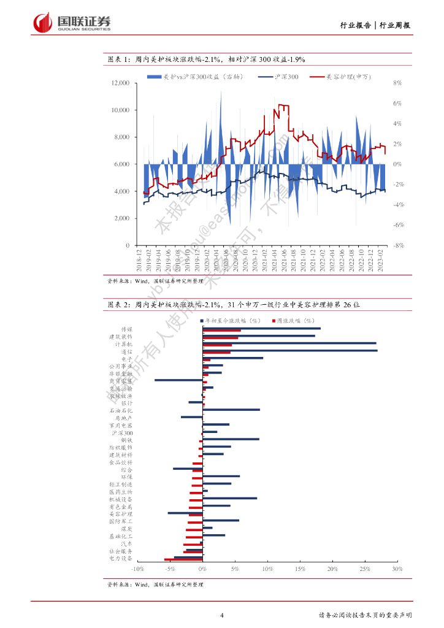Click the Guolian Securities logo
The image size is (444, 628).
click(x=72, y=23)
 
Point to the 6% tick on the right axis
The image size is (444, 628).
click(x=397, y=103)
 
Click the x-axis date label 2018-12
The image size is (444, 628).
click(x=140, y=261)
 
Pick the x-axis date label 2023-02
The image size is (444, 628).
click(x=380, y=261)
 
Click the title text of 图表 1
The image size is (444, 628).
click(x=206, y=59)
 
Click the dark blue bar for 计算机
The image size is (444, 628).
click(x=289, y=343)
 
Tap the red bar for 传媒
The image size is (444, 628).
click(x=221, y=331)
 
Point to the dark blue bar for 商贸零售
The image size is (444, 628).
click(x=178, y=380)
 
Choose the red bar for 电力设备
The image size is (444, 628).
click(x=183, y=560)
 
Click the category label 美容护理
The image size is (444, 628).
click(x=121, y=514)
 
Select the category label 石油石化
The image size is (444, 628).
click(x=121, y=410)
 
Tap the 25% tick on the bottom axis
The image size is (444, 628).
click(x=364, y=570)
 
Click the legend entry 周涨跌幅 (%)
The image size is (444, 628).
click(x=296, y=320)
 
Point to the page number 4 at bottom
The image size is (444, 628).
click(x=222, y=615)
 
